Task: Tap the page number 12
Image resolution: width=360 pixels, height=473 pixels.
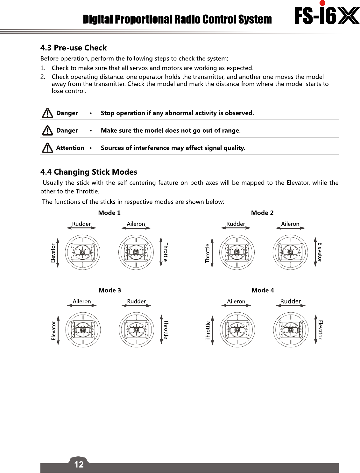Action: point(79,464)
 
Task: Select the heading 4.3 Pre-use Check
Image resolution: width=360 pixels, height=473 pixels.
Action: point(74,48)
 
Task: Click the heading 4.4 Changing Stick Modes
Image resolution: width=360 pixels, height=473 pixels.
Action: point(89,172)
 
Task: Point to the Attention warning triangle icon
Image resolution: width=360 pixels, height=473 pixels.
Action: point(47,148)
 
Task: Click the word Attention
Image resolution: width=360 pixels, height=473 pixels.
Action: point(70,148)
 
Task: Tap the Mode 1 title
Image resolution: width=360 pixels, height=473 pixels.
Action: point(109,213)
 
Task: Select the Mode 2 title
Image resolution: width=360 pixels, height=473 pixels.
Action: point(262,213)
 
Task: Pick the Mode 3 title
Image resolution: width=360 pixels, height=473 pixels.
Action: point(110,290)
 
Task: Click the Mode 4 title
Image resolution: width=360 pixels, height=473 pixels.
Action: point(263,290)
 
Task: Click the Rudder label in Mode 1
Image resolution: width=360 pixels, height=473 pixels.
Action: point(81,224)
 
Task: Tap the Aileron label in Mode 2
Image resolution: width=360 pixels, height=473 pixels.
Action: point(290,224)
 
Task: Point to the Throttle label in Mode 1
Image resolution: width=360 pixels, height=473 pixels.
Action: point(166,252)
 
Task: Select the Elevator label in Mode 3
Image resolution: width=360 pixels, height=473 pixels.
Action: point(53,330)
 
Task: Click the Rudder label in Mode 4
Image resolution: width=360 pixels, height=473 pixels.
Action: point(290,301)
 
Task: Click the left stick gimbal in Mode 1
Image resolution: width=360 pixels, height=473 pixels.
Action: point(82,252)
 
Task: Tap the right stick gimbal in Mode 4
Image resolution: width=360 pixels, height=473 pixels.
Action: point(291,330)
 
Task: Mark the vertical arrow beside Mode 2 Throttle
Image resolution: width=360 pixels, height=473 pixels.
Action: point(212,253)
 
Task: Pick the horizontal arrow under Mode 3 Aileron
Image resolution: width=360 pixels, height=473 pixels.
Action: point(82,306)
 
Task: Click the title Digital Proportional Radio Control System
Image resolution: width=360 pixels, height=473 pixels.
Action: point(177,19)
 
